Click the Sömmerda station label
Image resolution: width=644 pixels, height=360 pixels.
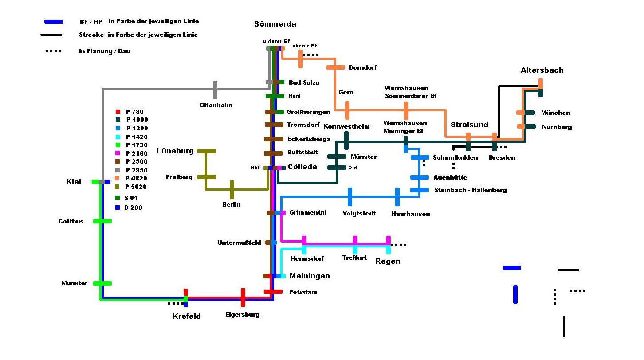tap(275, 24)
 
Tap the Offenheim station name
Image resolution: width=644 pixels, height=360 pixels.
tap(216, 106)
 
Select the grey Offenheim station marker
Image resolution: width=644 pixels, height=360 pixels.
tap(215, 90)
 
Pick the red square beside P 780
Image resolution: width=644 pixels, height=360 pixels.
tap(118, 112)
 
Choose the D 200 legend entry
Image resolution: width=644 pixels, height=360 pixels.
tap(133, 207)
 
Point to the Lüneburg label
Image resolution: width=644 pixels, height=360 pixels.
tap(175, 151)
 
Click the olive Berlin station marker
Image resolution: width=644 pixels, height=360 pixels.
tap(232, 189)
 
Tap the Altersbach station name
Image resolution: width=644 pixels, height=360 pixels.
tap(542, 70)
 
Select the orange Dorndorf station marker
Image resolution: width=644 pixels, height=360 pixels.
tap(336, 67)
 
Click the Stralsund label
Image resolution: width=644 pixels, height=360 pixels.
tap(469, 125)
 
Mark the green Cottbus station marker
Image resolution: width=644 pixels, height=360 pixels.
tap(102, 221)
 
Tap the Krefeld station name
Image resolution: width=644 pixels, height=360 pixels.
tap(187, 317)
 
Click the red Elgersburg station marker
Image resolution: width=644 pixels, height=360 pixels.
tap(243, 297)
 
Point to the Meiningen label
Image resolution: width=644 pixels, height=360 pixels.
tap(310, 276)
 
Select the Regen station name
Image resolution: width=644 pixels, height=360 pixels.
tap(388, 262)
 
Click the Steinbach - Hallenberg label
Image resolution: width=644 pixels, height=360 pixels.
tap(470, 190)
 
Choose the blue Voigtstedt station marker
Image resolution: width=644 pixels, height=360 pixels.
tap(350, 197)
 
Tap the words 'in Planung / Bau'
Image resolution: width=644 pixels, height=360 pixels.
tap(105, 51)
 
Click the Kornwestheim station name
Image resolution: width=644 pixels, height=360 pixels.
tap(346, 127)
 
